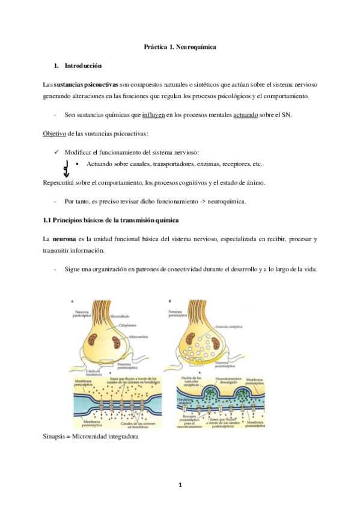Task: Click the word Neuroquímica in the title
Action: click(196, 46)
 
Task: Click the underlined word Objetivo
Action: click(55, 133)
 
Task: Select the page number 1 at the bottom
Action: click(180, 485)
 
